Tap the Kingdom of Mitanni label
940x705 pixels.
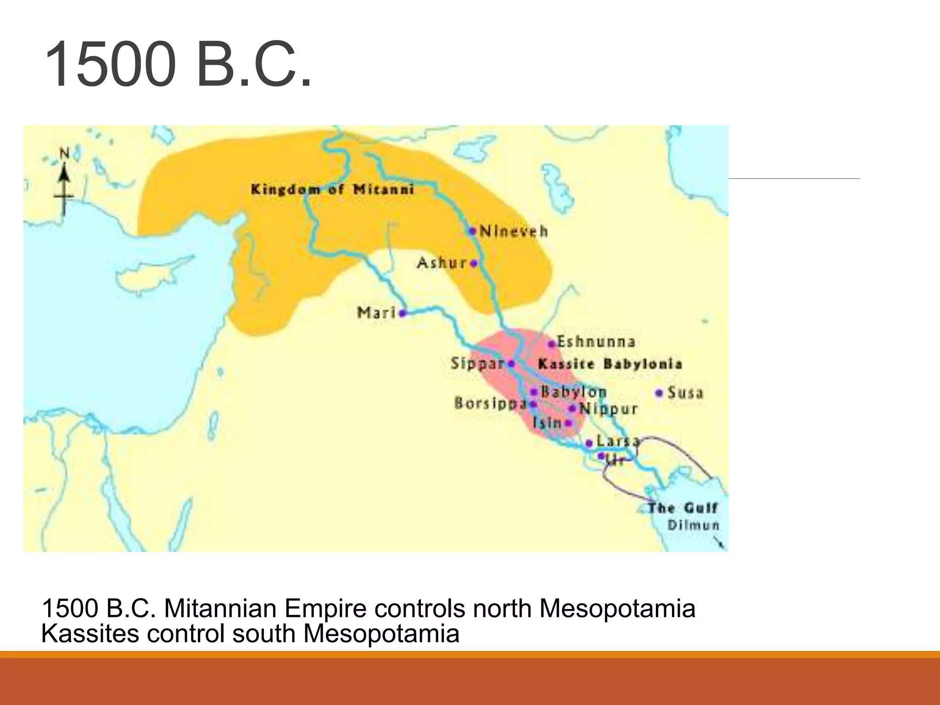click(332, 190)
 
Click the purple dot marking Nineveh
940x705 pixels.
click(472, 230)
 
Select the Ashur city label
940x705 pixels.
click(442, 263)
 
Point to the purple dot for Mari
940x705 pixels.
click(402, 313)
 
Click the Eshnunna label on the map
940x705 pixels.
click(596, 342)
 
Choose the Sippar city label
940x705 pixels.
click(477, 364)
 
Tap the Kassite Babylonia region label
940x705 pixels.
click(610, 364)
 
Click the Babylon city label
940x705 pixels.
click(574, 392)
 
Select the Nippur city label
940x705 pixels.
click(609, 408)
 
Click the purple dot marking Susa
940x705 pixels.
click(659, 393)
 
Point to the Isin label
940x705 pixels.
click(547, 422)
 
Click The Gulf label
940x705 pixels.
click(683, 508)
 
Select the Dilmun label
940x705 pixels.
click(693, 525)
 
